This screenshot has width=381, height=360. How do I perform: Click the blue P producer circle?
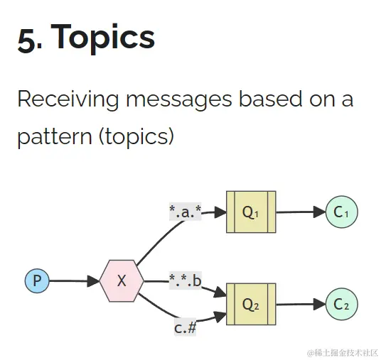pyautogui.click(x=37, y=280)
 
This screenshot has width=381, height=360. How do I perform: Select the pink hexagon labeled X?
pyautogui.click(x=122, y=280)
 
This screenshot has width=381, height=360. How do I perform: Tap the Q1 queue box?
pyautogui.click(x=251, y=212)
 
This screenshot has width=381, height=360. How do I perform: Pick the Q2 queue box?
pyautogui.click(x=251, y=304)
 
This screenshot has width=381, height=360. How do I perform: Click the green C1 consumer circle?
pyautogui.click(x=342, y=212)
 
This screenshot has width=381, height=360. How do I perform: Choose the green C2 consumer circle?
pyautogui.click(x=342, y=304)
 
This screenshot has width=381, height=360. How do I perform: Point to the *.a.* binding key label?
pyautogui.click(x=186, y=210)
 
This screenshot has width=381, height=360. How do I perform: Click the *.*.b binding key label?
pyautogui.click(x=186, y=280)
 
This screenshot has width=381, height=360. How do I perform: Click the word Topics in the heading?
pyautogui.click(x=103, y=38)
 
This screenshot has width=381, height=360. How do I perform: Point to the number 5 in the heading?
pyautogui.click(x=26, y=39)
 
